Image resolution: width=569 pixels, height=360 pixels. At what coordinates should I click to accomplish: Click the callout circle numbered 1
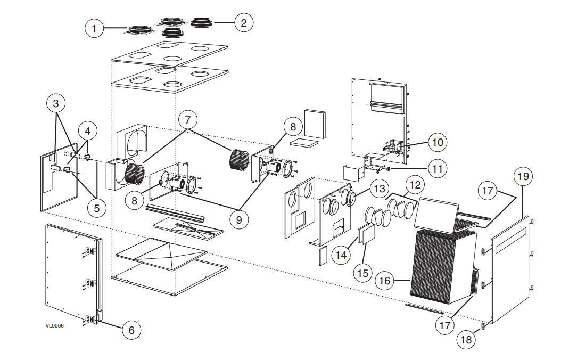(x=94, y=28)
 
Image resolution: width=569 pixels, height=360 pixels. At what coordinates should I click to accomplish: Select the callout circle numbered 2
(x=243, y=22)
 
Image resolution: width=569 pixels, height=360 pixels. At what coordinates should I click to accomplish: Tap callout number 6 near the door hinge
(x=131, y=330)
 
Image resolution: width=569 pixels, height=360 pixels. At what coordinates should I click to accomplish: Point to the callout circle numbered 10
(x=438, y=142)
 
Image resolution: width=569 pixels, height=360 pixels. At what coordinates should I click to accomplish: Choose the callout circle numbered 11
(x=438, y=169)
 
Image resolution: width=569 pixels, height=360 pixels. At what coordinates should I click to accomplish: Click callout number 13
(x=380, y=189)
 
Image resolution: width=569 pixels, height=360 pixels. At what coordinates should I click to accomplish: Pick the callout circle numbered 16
(x=384, y=280)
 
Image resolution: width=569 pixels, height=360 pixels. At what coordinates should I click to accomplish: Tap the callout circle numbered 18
(x=466, y=339)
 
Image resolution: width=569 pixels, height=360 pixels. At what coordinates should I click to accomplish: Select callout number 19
(x=523, y=176)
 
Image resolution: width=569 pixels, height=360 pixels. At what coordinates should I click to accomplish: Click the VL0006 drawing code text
(x=54, y=325)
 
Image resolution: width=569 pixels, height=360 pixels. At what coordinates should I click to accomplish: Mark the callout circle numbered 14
(x=341, y=255)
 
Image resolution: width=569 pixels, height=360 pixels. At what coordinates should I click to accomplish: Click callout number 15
(x=363, y=273)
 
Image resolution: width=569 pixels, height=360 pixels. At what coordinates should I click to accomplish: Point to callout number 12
(x=415, y=185)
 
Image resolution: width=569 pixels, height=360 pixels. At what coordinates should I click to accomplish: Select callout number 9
(x=239, y=219)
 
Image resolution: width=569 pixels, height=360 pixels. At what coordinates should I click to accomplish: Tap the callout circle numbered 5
(x=96, y=208)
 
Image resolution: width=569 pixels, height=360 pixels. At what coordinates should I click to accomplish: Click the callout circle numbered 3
(x=55, y=103)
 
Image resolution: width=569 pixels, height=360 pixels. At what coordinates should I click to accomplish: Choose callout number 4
(x=87, y=130)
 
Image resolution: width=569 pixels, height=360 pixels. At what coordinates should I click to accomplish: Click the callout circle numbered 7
(x=187, y=120)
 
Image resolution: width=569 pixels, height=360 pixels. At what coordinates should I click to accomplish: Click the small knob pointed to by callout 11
(x=387, y=169)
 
